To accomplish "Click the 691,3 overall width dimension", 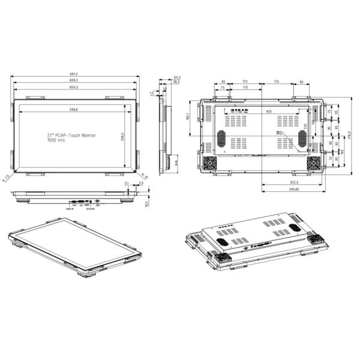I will pos(74,74).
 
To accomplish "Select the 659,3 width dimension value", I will pos(74,81).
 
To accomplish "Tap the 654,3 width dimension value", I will pos(74,88).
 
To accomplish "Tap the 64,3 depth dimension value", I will pos(177,77).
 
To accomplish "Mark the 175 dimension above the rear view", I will pos(245,88).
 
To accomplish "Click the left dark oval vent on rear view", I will pos(221,137).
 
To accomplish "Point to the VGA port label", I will pos(74,206).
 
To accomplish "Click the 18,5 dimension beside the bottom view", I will pos(147,204).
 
